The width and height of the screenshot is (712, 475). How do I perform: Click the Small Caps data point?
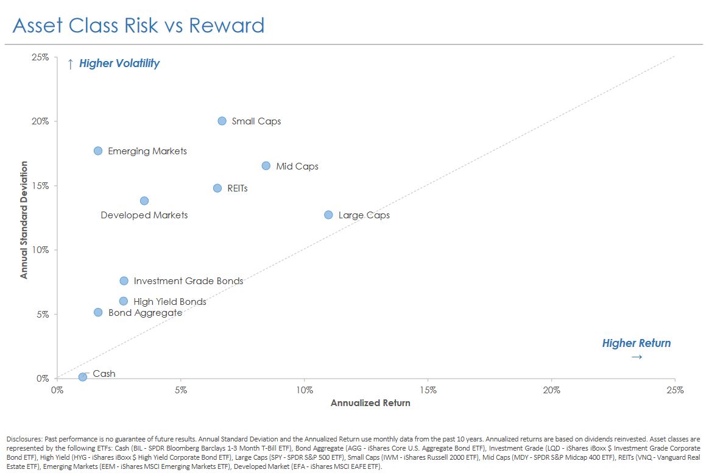(222, 121)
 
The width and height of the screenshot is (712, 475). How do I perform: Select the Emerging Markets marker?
(98, 151)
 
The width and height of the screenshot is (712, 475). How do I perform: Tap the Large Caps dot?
(328, 215)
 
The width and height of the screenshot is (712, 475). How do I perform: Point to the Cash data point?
(83, 377)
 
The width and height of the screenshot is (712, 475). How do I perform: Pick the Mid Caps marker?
(266, 166)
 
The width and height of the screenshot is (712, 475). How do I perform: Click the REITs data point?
(217, 188)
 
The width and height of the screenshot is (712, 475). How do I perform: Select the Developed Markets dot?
(144, 201)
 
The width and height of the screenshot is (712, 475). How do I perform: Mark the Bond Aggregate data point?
(98, 312)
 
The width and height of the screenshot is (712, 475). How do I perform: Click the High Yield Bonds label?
(169, 302)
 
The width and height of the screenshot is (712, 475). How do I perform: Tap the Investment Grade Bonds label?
(188, 281)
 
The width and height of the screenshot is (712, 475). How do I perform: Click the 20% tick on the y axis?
(41, 121)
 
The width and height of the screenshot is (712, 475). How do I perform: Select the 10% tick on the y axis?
(41, 250)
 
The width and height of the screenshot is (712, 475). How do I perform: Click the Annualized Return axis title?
(370, 403)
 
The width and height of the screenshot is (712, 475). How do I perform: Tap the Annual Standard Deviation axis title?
(24, 220)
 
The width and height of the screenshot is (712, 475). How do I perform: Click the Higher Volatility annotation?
(119, 63)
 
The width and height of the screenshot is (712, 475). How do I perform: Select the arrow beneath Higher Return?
(636, 357)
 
